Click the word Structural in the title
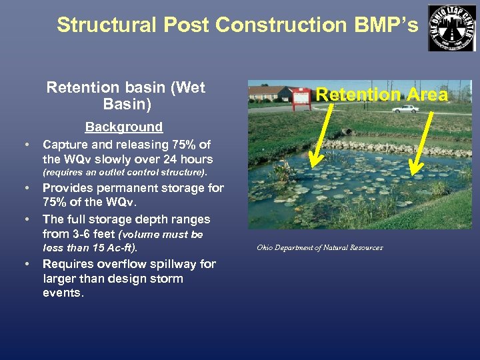tap(98, 25)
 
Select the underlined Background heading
tap(123, 127)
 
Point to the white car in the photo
tap(405, 108)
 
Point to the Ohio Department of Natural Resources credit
tap(320, 248)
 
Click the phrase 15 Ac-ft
tap(118, 248)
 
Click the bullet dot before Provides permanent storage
tap(27, 188)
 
